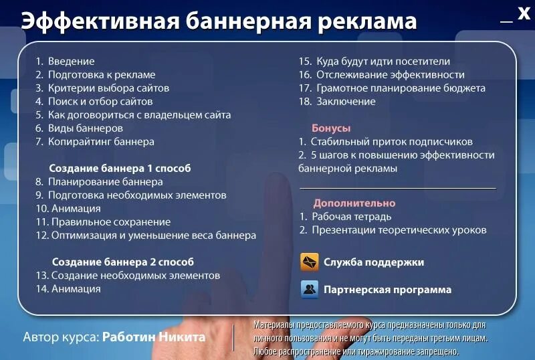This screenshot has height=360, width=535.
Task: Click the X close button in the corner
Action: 524,13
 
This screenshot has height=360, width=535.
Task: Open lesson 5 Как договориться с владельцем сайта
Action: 133,115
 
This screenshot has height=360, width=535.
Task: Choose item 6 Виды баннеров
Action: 79,128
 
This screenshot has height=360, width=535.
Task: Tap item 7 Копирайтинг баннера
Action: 95,142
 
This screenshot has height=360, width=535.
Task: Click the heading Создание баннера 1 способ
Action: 120,169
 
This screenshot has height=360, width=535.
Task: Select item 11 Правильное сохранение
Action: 103,222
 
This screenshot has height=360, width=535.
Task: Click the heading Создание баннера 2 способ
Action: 122,262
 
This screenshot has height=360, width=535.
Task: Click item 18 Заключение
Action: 337,102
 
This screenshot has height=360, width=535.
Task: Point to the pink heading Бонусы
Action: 331,128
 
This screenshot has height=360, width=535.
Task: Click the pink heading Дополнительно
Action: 354,203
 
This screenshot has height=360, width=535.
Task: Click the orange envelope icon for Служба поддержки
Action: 309,262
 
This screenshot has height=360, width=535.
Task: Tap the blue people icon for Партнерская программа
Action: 309,289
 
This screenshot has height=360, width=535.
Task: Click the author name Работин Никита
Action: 154,337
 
